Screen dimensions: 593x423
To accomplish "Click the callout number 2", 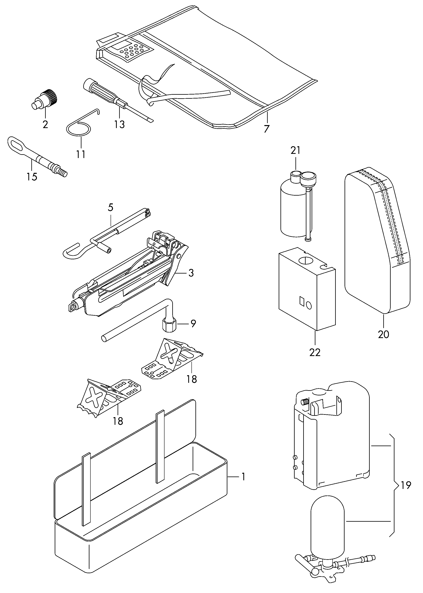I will coord(45,125).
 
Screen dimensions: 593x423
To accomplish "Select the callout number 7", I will coord(266,129).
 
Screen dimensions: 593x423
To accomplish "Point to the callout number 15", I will coord(32,177).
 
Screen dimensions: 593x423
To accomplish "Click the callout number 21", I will coord(295,150).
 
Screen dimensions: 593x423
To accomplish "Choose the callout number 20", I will coord(383,334).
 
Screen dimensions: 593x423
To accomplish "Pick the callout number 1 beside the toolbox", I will coord(243,477).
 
